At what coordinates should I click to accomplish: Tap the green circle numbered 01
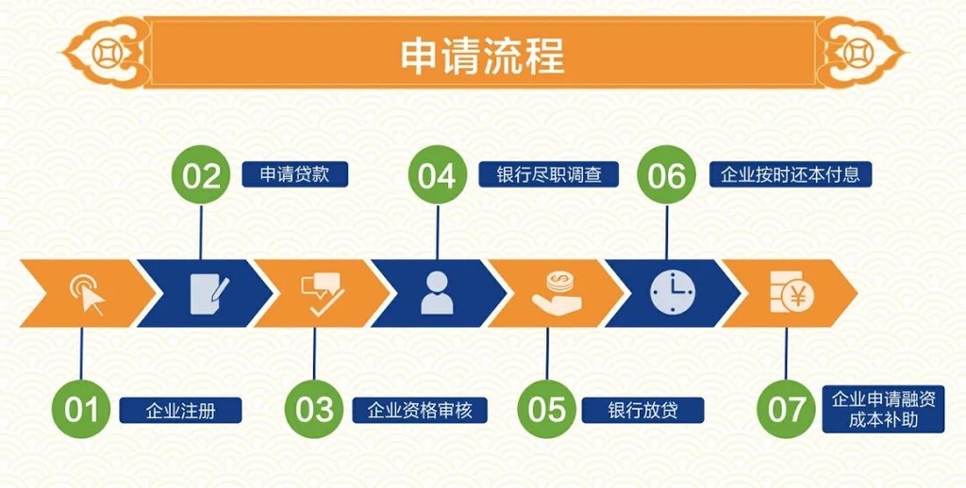tap(81, 409)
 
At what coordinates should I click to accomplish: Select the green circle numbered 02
tap(201, 176)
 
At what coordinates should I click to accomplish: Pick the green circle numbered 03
tap(314, 409)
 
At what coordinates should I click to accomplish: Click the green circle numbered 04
tap(437, 176)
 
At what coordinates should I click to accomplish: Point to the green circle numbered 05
tap(546, 409)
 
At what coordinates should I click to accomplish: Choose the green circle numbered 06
tap(667, 176)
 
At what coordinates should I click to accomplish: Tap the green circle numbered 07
tap(786, 409)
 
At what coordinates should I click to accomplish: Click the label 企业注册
tap(181, 411)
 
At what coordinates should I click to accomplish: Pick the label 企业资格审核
tap(420, 411)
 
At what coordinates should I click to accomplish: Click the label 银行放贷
tap(643, 411)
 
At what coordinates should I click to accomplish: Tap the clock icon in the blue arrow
tap(671, 293)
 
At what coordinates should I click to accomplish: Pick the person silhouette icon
tap(437, 293)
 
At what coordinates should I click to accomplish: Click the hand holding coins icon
tap(557, 293)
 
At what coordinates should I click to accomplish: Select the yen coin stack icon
tap(790, 293)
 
